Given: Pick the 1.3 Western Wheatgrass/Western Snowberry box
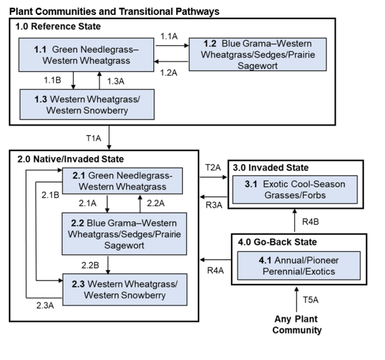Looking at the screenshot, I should click(87, 104).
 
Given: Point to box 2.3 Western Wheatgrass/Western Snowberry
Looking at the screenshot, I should click(124, 289).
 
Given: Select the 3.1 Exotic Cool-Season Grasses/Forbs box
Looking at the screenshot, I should click(294, 189).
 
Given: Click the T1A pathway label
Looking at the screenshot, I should click(94, 138).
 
